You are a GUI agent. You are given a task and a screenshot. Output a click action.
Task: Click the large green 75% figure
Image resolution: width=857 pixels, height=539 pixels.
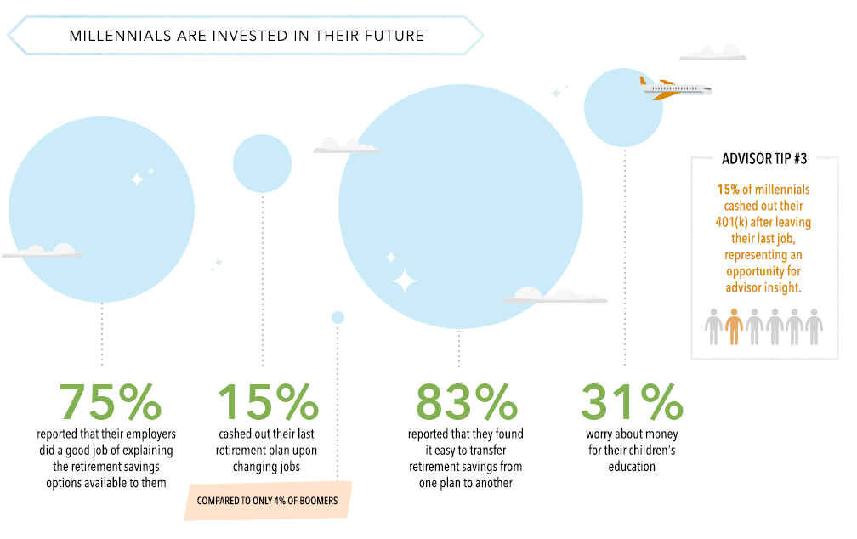[111, 401]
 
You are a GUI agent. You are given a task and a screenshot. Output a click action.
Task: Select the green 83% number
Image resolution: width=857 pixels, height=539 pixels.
[466, 401]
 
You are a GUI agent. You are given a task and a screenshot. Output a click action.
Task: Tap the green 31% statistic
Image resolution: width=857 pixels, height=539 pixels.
[632, 401]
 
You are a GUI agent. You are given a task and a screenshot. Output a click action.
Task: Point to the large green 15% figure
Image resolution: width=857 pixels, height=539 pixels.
[268, 401]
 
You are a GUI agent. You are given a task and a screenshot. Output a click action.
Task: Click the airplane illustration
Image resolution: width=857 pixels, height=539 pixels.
[676, 88]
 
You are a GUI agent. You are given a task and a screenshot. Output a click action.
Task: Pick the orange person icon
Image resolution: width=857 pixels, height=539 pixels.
[734, 327]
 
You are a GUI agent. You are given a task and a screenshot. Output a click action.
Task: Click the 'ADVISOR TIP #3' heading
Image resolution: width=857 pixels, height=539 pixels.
[764, 158]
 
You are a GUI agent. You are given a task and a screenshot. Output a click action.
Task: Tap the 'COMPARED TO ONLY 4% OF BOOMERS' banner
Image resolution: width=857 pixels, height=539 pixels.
[267, 500]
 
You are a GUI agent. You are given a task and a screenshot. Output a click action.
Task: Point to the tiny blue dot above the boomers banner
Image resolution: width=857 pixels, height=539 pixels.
[338, 318]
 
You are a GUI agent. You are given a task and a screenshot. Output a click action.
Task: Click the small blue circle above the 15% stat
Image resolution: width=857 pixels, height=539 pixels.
[263, 163]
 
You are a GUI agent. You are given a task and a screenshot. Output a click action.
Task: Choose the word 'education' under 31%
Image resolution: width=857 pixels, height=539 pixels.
[632, 466]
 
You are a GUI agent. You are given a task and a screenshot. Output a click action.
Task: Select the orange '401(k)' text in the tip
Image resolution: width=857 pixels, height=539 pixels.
[731, 223]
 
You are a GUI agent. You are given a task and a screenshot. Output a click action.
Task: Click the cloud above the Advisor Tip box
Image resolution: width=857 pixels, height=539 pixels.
[712, 54]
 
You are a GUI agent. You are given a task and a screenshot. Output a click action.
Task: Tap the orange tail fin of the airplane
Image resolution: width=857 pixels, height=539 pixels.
[644, 82]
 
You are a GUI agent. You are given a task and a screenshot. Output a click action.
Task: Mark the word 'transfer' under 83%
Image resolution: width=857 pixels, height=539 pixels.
[485, 450]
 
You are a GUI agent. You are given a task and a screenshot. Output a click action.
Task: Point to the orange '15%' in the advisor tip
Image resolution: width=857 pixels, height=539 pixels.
[728, 190]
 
